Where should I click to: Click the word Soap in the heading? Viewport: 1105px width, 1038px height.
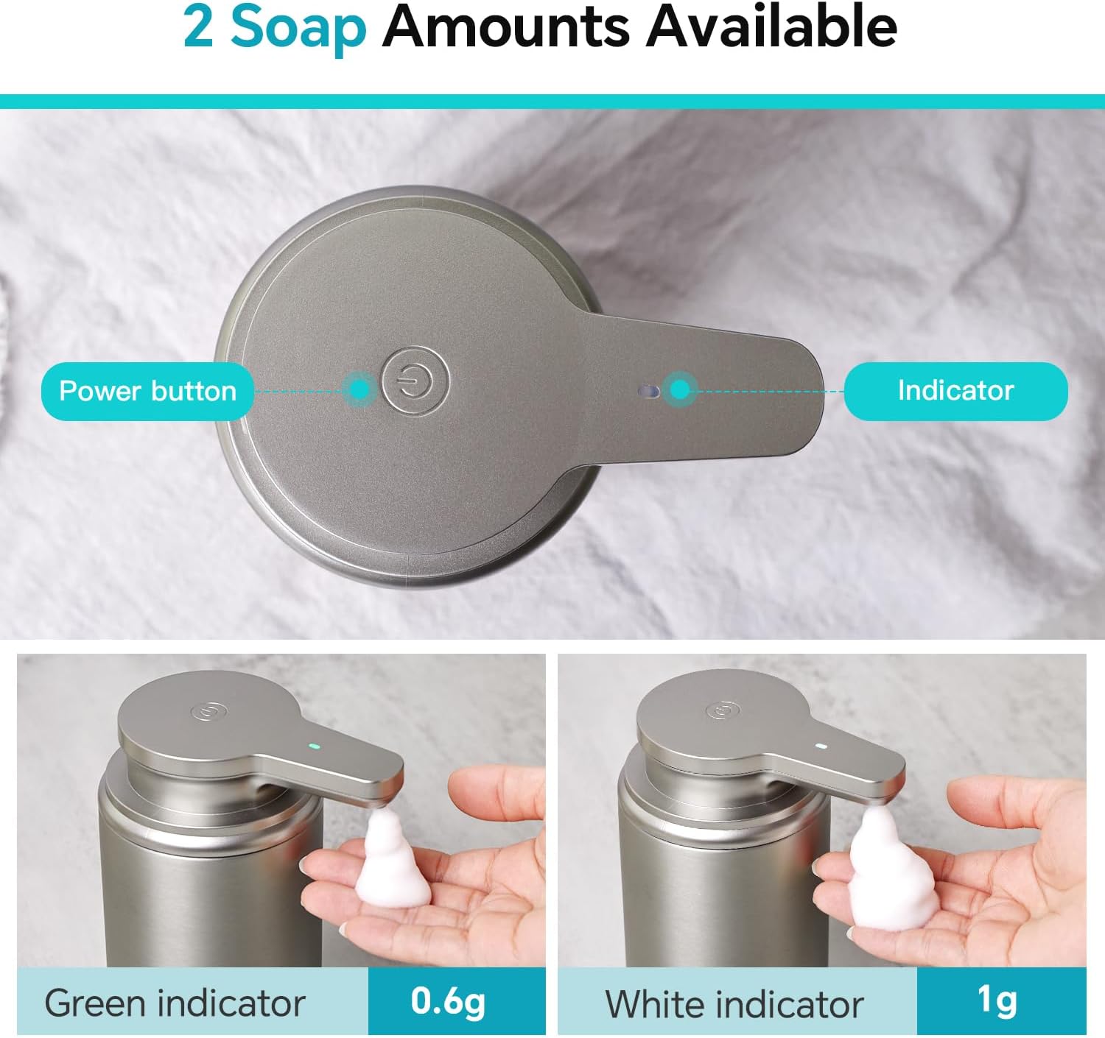298,31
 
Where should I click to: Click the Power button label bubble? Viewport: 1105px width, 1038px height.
147,391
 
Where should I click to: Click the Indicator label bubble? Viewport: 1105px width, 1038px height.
955,390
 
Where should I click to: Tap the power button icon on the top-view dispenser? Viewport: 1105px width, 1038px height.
415,381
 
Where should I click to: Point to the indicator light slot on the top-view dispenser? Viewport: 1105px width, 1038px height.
648,392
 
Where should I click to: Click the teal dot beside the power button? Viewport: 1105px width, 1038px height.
360,390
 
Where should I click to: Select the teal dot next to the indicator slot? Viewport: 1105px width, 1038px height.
678,389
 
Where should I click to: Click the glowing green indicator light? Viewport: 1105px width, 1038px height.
313,746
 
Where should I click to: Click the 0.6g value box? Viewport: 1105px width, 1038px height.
456,1001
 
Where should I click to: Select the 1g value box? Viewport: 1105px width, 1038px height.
1001,1001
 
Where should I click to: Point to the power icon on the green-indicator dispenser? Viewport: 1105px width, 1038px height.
208,711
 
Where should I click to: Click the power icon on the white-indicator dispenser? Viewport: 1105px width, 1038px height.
723,710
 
